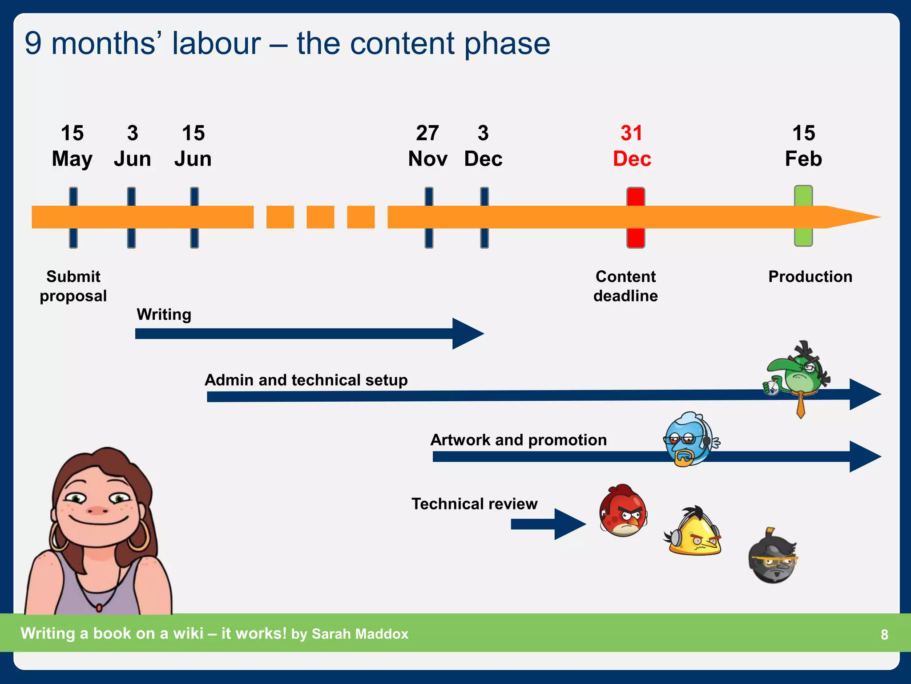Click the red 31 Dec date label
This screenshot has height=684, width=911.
tap(632, 146)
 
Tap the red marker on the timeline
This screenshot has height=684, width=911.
tap(636, 217)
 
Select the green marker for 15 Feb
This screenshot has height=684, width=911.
tap(803, 216)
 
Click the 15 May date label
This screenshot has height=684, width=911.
tap(72, 146)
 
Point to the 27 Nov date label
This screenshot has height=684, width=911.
tap(427, 146)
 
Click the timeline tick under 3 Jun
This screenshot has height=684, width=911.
tap(131, 217)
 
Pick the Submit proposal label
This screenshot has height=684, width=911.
tap(73, 286)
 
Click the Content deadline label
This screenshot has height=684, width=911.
tap(625, 286)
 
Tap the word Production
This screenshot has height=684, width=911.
tap(810, 277)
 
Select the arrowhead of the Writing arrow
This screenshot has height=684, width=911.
tap(467, 334)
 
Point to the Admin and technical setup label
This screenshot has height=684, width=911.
tap(306, 380)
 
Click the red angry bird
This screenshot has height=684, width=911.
tap(623, 511)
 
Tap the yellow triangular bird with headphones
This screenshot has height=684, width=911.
tap(694, 532)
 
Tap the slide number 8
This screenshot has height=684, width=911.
tap(884, 635)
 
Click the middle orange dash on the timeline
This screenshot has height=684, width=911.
tap(320, 217)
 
